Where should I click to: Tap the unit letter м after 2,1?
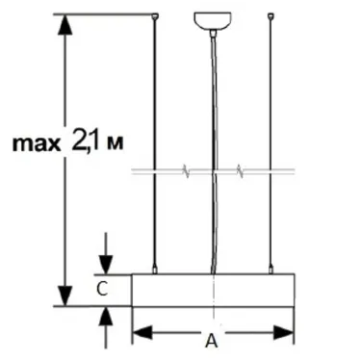point(117,145)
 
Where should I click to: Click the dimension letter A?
point(212,339)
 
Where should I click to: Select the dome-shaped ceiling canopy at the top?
point(211,18)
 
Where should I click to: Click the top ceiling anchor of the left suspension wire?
point(156,15)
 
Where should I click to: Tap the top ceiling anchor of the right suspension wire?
point(270,15)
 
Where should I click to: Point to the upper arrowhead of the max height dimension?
point(65,25)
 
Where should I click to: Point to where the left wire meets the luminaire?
point(156,271)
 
